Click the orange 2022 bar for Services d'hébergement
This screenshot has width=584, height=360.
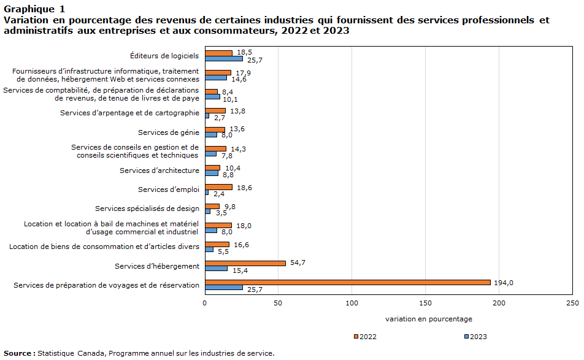pyautogui.click(x=245, y=263)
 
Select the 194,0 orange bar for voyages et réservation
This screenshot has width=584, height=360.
pyautogui.click(x=347, y=282)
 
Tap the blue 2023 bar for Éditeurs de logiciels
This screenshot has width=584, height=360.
pyautogui.click(x=224, y=59)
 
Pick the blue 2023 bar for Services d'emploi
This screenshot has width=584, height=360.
pyautogui.click(x=207, y=193)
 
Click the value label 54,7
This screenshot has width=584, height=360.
pyautogui.click(x=298, y=262)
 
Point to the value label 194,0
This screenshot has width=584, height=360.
pyautogui.click(x=504, y=282)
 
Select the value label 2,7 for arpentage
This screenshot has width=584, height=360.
pyautogui.click(x=220, y=118)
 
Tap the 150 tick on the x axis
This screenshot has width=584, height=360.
pyautogui.click(x=425, y=303)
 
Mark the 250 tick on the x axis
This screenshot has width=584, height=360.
pyautogui.click(x=572, y=303)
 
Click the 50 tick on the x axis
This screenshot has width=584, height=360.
pyautogui.click(x=278, y=303)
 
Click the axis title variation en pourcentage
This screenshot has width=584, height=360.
pyautogui.click(x=429, y=319)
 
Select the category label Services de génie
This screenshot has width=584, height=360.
pyautogui.click(x=168, y=132)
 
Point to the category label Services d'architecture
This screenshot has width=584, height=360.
pyautogui.click(x=159, y=170)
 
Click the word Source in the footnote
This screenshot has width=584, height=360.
pyautogui.click(x=18, y=353)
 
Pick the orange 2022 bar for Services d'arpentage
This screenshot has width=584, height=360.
pyautogui.click(x=215, y=110)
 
